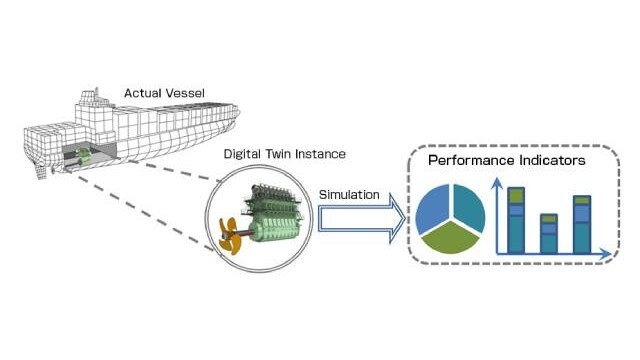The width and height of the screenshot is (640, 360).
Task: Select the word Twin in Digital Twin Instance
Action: pos(278,154)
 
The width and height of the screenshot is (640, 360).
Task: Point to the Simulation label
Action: pos(349,195)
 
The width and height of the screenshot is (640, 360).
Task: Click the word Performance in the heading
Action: pos(471,160)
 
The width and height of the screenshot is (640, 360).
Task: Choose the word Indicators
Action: pos(552,160)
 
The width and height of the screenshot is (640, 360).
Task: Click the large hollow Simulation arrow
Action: pos(362,219)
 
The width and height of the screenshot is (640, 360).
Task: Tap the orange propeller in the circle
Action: pos(230,236)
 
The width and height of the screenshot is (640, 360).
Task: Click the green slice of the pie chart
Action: pos(450,238)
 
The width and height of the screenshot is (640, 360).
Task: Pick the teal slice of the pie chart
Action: pos(469,207)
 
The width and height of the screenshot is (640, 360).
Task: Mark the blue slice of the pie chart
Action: pos(432,208)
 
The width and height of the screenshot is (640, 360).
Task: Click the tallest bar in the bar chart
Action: pos(516,220)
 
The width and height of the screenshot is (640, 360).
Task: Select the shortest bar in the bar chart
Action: pos(549,233)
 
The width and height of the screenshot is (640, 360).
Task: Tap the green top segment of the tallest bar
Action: pos(516,196)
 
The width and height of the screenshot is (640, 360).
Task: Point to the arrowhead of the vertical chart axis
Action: pos(496,183)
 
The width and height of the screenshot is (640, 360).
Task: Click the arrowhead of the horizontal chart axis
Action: pos(606,253)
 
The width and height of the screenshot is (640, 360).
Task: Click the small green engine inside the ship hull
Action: pos(84,156)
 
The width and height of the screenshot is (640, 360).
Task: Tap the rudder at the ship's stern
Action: pos(41,173)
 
